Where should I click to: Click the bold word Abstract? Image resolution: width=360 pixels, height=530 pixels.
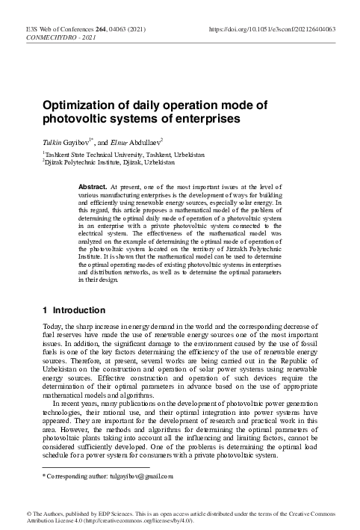(x=93, y=184)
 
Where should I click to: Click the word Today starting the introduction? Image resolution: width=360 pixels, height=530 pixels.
(x=34, y=327)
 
